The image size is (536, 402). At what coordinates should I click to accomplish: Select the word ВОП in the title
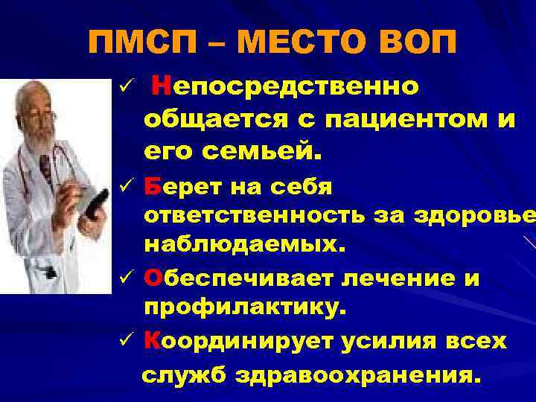418,42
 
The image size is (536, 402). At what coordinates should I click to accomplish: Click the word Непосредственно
284,88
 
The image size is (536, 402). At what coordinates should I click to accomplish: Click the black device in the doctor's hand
95,203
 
